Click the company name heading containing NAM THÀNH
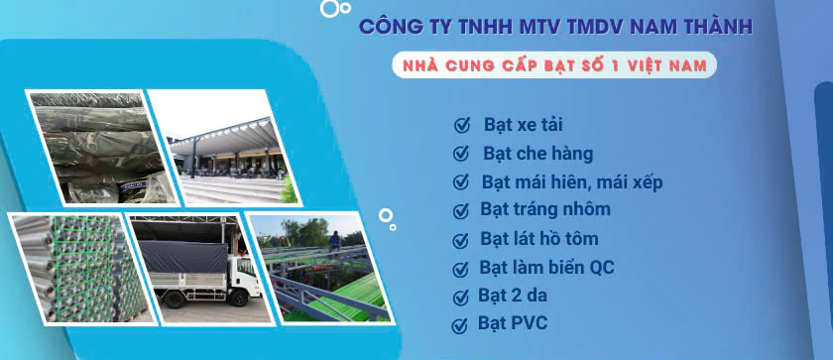(x=555, y=27)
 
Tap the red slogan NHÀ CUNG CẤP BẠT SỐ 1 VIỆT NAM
(x=554, y=65)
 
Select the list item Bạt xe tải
(x=524, y=125)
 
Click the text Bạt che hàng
(x=538, y=154)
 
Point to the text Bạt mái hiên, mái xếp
(x=572, y=182)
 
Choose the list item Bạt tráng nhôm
(x=545, y=208)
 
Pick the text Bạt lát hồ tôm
(x=539, y=238)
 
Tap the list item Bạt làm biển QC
(x=546, y=267)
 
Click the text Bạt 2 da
(x=512, y=296)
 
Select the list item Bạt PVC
(x=513, y=323)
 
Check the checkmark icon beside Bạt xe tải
(x=462, y=125)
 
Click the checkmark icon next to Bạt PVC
(x=459, y=325)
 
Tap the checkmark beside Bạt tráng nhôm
(x=460, y=211)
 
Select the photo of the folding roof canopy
(x=225, y=148)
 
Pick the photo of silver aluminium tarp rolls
(x=80, y=268)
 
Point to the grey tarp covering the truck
(x=183, y=257)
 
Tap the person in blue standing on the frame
(x=334, y=242)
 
